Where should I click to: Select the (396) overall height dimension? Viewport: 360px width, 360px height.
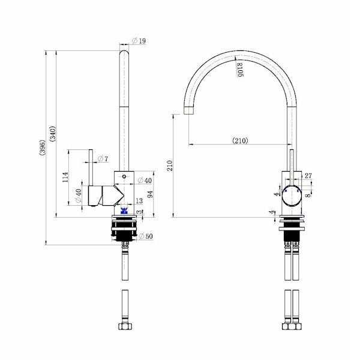43,148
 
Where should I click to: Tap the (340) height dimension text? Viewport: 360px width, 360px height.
54,136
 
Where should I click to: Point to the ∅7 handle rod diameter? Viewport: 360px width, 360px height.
103,158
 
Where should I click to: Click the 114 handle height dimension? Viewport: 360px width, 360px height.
65,178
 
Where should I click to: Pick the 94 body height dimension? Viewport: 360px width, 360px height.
150,194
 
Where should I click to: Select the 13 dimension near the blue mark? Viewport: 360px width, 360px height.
139,201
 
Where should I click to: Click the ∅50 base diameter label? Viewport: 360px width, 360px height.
146,236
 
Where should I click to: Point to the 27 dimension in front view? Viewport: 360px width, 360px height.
308,176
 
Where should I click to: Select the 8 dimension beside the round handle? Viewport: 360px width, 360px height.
308,194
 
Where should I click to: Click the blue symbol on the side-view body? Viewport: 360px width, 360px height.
125,210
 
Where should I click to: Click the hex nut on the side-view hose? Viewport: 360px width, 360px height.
125,326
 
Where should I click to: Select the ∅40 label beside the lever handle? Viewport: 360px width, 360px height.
77,196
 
